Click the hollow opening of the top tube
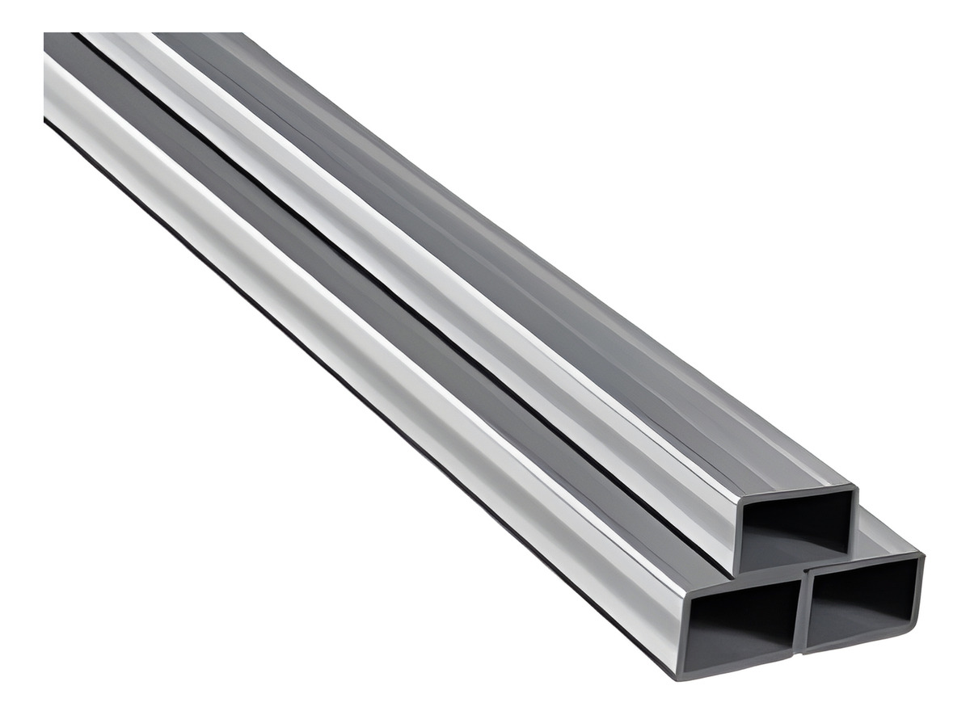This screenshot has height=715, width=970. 796,529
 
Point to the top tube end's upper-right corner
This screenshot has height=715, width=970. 854,488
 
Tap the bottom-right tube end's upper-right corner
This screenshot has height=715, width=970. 921,555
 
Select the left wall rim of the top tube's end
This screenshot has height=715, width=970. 737,537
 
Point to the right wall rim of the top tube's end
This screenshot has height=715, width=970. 854,517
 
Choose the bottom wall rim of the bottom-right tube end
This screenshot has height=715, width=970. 861,638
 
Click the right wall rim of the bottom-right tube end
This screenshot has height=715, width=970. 920,590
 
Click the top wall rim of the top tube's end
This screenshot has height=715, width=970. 796,494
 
